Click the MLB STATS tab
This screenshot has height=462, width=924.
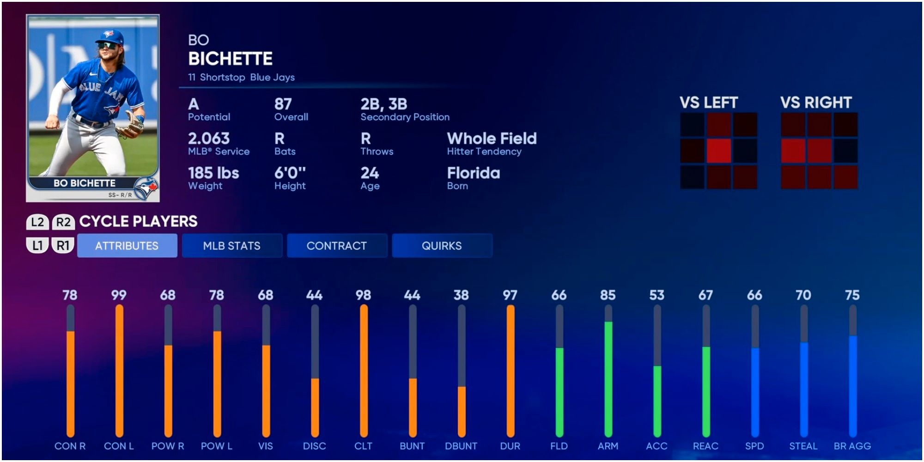pyautogui.click(x=232, y=246)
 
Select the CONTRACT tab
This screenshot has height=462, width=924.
pyautogui.click(x=337, y=246)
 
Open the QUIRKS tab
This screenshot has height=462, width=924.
pyautogui.click(x=442, y=246)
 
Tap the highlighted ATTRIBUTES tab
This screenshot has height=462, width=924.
pyautogui.click(x=127, y=246)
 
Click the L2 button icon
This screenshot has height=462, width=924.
pyautogui.click(x=37, y=222)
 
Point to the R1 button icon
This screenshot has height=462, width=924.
pyautogui.click(x=63, y=245)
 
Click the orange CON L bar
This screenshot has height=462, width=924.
pyautogui.click(x=119, y=370)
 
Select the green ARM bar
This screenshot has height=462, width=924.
pyautogui.click(x=608, y=379)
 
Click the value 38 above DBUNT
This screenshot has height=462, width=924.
pyautogui.click(x=461, y=295)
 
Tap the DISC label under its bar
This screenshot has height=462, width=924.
pyautogui.click(x=315, y=446)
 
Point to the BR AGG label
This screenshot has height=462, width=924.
pyautogui.click(x=852, y=446)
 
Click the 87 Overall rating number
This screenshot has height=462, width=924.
pyautogui.click(x=283, y=104)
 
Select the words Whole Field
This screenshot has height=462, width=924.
pyautogui.click(x=492, y=139)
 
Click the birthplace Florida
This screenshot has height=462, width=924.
pyautogui.click(x=474, y=173)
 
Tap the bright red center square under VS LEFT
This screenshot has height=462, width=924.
pyautogui.click(x=718, y=151)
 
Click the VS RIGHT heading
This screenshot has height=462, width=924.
pyautogui.click(x=816, y=103)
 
